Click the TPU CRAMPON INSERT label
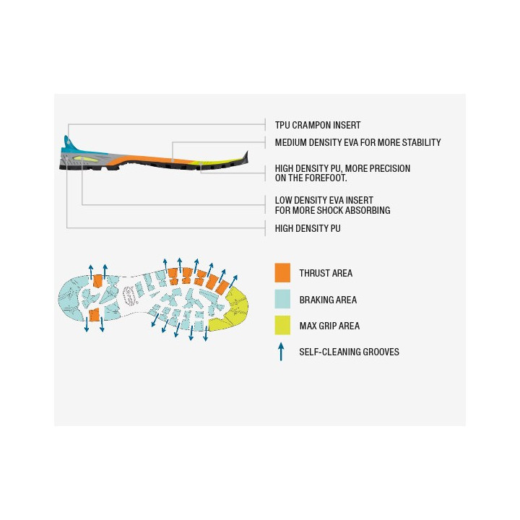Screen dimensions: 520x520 click(x=317, y=126)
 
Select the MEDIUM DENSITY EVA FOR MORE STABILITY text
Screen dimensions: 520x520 click(x=357, y=142)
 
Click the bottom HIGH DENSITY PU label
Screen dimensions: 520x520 click(x=308, y=228)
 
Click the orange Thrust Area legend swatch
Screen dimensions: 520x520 click(x=282, y=272)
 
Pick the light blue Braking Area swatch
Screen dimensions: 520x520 click(x=282, y=299)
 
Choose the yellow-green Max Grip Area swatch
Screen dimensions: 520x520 click(x=282, y=325)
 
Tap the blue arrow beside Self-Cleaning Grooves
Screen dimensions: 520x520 click(x=281, y=352)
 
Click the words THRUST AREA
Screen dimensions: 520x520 click(x=326, y=273)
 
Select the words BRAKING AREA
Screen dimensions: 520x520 click(x=328, y=300)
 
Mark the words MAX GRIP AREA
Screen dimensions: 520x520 click(x=329, y=326)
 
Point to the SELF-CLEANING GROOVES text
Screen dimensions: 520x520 click(x=349, y=352)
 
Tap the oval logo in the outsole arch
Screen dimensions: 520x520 click(x=129, y=295)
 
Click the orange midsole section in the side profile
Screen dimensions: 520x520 click(x=149, y=160)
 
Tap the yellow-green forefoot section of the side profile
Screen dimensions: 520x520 click(x=212, y=162)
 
